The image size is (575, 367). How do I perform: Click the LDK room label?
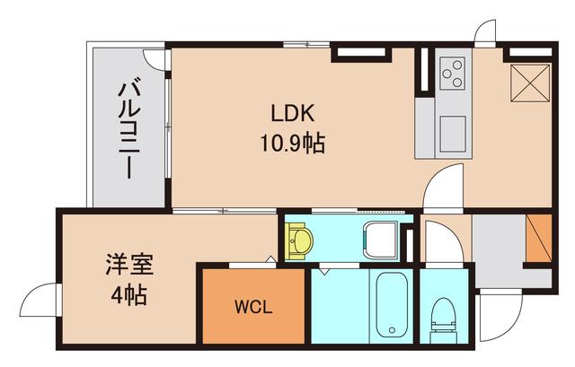[x=292, y=117]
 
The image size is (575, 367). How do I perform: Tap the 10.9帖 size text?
[x=292, y=144]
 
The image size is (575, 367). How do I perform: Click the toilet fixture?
[x=443, y=316]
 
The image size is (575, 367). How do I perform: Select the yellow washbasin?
[x=299, y=240]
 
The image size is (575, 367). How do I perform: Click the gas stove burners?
[x=452, y=73]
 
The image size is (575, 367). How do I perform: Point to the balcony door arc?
[x=156, y=59]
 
